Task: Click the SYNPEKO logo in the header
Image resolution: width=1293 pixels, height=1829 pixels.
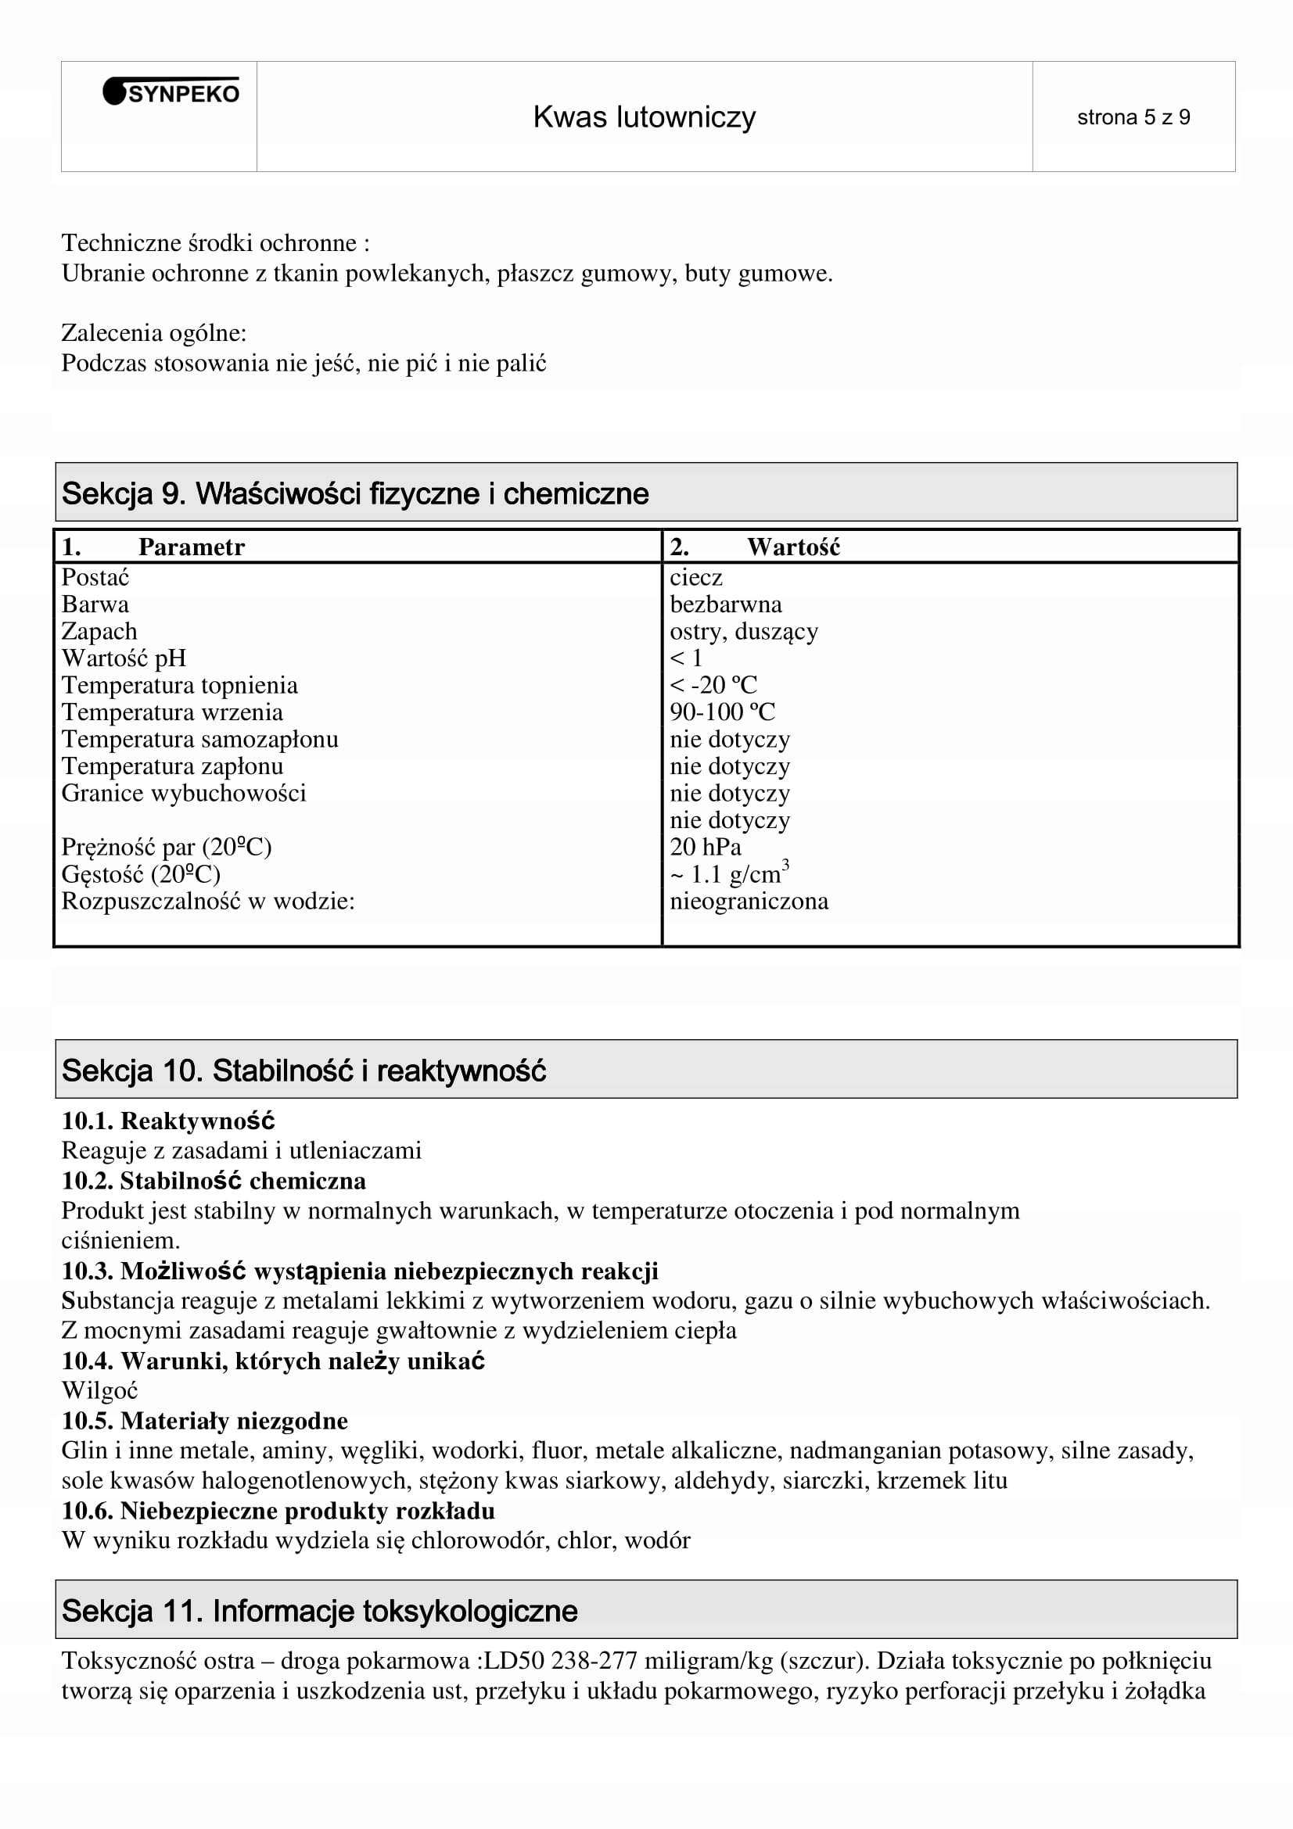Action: (x=171, y=93)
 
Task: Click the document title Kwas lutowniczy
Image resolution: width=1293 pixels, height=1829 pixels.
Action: (x=644, y=117)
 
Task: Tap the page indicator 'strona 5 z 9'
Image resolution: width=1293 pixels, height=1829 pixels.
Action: (x=1133, y=118)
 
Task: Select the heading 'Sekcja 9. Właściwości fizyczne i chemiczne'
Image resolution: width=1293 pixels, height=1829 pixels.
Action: (x=355, y=494)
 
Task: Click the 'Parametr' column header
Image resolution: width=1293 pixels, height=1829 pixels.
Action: (x=191, y=547)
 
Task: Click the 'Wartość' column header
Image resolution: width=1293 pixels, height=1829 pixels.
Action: (x=792, y=547)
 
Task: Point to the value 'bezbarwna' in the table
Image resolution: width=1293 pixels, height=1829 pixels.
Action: (x=726, y=604)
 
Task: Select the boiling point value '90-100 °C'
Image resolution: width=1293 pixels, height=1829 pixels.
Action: (x=722, y=712)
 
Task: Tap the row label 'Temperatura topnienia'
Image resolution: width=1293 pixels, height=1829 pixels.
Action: (x=179, y=685)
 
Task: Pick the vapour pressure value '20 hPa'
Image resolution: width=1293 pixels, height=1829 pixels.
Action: (x=705, y=847)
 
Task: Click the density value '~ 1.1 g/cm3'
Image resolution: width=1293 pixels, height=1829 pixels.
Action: (x=728, y=874)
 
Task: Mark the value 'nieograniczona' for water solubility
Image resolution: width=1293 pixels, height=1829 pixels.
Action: (x=749, y=901)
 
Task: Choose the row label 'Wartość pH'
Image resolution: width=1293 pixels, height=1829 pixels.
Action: (x=124, y=658)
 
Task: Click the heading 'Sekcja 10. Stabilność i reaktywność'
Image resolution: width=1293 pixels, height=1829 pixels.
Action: (x=303, y=1071)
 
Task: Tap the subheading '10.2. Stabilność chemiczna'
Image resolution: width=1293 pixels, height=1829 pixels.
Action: (x=214, y=1181)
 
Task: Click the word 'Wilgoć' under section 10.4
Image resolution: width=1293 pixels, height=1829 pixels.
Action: (x=99, y=1390)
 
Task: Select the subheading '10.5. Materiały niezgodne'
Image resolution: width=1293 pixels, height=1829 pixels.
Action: (x=205, y=1420)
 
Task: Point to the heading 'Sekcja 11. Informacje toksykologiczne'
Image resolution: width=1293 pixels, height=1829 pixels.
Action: (x=319, y=1611)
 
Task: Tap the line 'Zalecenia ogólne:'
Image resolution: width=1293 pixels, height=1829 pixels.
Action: (x=154, y=333)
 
